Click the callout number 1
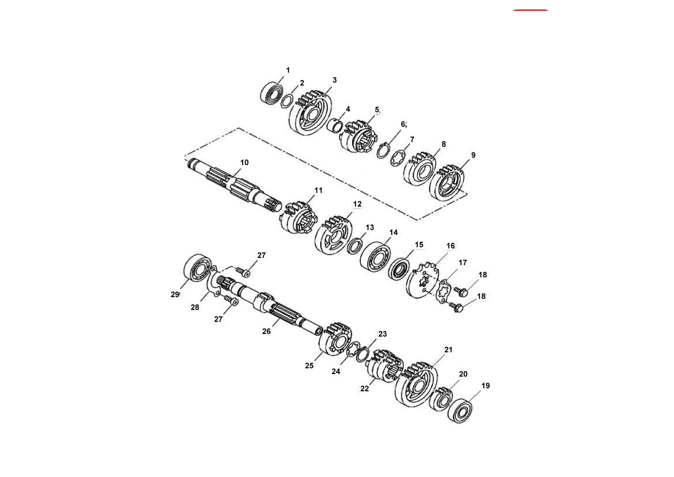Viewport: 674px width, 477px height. point(288,70)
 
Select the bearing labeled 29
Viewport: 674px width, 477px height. point(197,270)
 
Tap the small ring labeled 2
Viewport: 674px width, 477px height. point(287,101)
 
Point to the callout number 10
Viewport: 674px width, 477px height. point(245,163)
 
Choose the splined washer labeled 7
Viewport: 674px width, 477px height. point(398,158)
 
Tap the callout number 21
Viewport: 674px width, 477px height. point(449,350)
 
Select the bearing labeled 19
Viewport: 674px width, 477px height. point(460,411)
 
